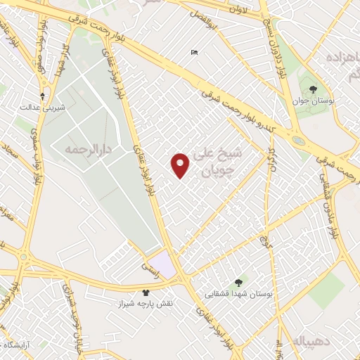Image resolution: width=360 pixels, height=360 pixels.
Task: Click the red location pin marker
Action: pos(181,165)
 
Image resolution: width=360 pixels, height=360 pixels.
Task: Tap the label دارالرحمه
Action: pos(88,149)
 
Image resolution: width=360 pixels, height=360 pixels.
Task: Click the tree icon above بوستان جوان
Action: pos(313,89)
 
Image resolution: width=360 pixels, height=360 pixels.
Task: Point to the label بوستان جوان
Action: pos(313,101)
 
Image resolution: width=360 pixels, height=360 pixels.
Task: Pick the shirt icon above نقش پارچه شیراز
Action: pos(146,292)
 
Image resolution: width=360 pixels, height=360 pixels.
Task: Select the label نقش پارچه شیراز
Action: pos(149,303)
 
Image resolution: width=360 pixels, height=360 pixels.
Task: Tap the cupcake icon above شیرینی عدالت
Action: pos(43,96)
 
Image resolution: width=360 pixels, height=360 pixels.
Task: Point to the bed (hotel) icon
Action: pos(194,52)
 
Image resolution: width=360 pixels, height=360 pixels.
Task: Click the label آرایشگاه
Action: pos(20,345)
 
